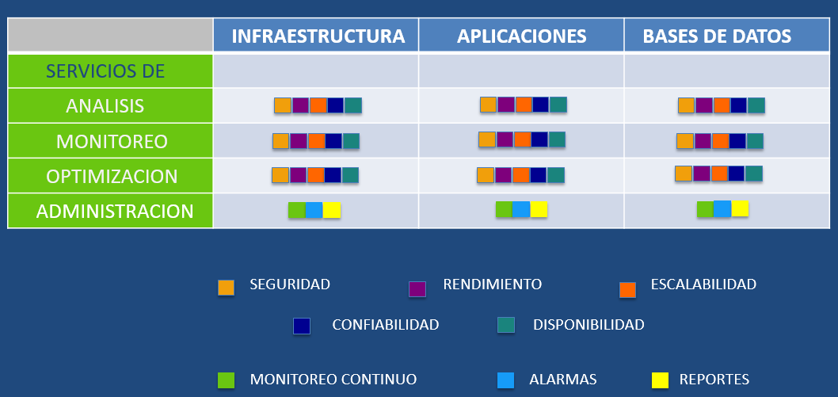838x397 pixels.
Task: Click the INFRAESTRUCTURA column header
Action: (318, 36)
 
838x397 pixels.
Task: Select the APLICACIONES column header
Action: (522, 36)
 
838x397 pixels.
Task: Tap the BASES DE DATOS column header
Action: (717, 36)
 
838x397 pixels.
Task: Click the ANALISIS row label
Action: (105, 106)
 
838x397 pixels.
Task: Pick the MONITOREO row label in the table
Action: (112, 141)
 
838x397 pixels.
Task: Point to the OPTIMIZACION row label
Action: (112, 177)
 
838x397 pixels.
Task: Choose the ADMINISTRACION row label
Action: (114, 211)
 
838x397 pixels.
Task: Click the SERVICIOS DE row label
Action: (105, 71)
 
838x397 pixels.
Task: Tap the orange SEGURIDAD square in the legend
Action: (226, 288)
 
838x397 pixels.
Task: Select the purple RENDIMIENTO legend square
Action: (417, 288)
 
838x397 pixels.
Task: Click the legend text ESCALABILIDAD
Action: (703, 284)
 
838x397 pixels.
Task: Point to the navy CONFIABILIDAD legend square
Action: (302, 326)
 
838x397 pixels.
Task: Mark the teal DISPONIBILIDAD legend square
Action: (505, 325)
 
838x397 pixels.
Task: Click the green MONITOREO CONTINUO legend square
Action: (226, 380)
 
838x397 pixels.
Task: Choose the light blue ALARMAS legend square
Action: (505, 380)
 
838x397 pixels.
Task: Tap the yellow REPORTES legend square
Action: (660, 380)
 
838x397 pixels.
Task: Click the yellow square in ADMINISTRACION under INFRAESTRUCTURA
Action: (331, 210)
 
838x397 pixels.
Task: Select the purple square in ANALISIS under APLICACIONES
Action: (506, 105)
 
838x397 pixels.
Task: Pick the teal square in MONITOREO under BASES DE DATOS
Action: (755, 141)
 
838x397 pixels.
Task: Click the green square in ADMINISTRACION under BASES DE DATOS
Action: (706, 209)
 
